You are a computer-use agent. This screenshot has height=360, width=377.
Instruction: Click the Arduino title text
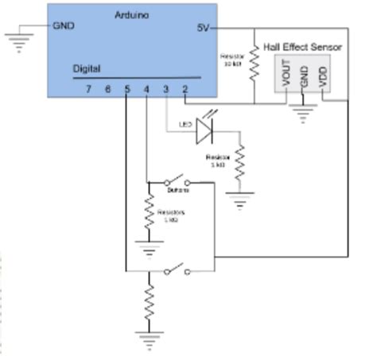131,15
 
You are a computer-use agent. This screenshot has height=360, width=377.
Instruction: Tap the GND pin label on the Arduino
64,25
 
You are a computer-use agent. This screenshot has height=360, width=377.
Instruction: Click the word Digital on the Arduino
87,69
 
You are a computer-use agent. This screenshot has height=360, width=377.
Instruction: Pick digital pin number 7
88,88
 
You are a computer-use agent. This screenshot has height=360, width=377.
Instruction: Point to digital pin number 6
107,88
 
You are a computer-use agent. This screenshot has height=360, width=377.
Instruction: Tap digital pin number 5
126,88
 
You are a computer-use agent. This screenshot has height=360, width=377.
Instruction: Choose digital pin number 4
146,88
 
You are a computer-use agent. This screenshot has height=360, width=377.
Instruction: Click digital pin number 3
165,88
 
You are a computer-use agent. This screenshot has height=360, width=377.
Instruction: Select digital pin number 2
185,88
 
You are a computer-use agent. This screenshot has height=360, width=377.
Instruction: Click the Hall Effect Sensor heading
302,47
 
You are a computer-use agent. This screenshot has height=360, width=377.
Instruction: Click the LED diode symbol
207,127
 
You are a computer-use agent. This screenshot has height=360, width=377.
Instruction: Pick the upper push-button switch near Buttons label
178,180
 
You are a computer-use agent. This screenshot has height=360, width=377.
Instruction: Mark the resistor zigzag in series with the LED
239,163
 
